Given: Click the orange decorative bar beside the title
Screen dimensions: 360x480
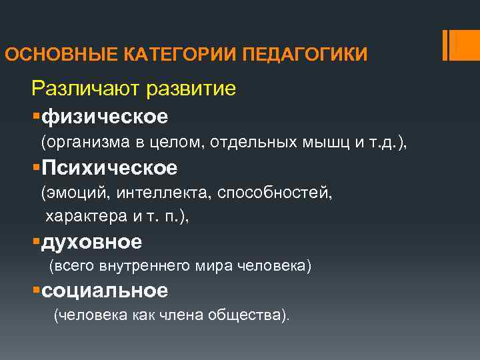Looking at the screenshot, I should (x=460, y=45).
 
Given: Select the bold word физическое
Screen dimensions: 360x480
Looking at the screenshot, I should (x=105, y=117).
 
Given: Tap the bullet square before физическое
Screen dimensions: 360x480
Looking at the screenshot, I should (x=35, y=117).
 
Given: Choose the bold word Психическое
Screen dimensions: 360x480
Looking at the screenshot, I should (x=109, y=168).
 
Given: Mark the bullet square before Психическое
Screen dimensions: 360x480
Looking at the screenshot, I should (x=35, y=168).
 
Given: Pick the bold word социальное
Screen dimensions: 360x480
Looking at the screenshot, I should (x=104, y=290).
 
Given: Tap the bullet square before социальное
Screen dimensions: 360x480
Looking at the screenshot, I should (x=35, y=291).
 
